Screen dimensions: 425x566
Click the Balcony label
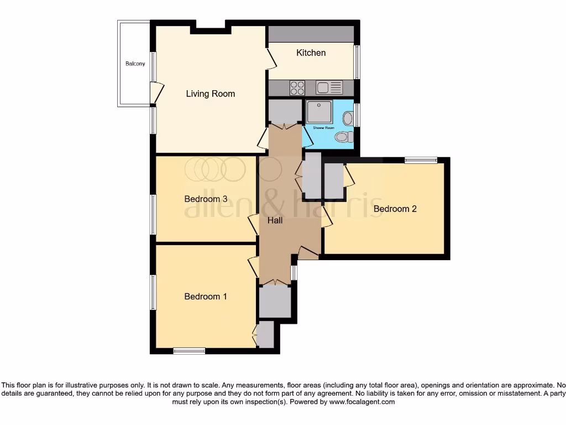click(x=135, y=64)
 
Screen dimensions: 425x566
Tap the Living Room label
click(x=210, y=94)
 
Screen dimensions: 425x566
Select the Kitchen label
click(x=311, y=53)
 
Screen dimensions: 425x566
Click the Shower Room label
click(x=324, y=128)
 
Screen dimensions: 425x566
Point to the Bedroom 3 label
click(x=206, y=199)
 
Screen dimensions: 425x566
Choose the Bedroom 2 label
click(x=395, y=209)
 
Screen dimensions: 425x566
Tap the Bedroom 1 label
click(x=206, y=297)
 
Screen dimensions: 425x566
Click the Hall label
click(x=275, y=220)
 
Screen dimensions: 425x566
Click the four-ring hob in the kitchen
click(x=297, y=88)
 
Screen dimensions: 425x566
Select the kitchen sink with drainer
click(x=329, y=87)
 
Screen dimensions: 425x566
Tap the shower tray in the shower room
click(x=319, y=112)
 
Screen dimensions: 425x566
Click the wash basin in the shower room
click(x=348, y=118)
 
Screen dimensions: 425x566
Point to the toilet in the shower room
click(x=343, y=137)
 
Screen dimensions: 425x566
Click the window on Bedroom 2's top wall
click(x=421, y=160)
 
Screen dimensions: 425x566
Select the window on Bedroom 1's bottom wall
click(x=189, y=351)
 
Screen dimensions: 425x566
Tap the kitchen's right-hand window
click(x=357, y=61)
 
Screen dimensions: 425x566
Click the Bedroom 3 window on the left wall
click(x=153, y=214)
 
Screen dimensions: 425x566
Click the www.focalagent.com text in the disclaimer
click(x=362, y=402)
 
